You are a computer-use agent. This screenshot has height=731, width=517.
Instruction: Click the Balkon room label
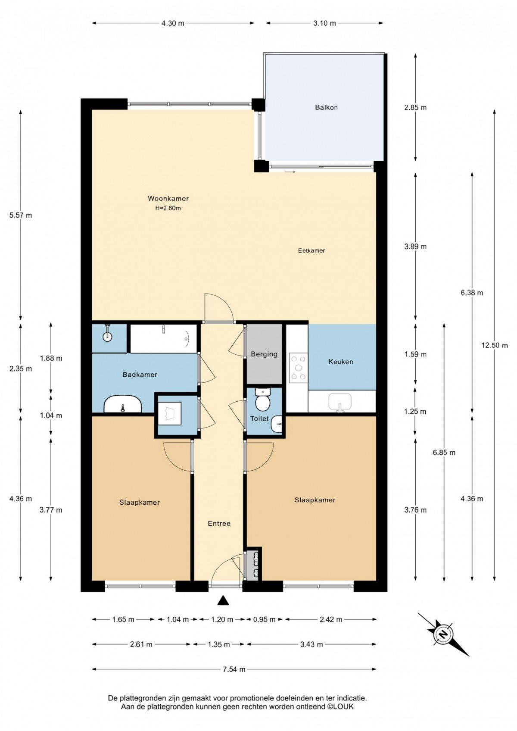(326, 107)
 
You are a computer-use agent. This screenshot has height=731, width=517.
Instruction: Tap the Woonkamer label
(168, 198)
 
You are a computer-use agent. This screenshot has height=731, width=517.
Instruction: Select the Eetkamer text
(311, 250)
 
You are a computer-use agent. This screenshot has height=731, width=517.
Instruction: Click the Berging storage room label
(264, 354)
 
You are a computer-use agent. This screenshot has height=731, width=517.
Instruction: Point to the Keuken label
(340, 362)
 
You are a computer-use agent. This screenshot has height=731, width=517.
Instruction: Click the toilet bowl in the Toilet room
(262, 400)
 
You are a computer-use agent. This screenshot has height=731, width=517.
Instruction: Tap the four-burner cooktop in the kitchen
(299, 368)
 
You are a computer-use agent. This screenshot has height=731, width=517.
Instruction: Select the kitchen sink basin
(340, 403)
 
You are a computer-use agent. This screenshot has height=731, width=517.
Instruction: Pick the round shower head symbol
(107, 337)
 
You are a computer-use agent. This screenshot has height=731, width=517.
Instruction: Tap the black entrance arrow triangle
(223, 600)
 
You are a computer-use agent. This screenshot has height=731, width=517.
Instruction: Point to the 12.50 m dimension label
(495, 345)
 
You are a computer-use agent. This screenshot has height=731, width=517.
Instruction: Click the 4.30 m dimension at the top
(173, 23)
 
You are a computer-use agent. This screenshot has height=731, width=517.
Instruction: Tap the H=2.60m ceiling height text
(168, 208)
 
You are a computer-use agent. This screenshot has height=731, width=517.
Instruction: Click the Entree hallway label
(219, 523)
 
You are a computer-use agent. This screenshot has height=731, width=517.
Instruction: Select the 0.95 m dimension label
(264, 619)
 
